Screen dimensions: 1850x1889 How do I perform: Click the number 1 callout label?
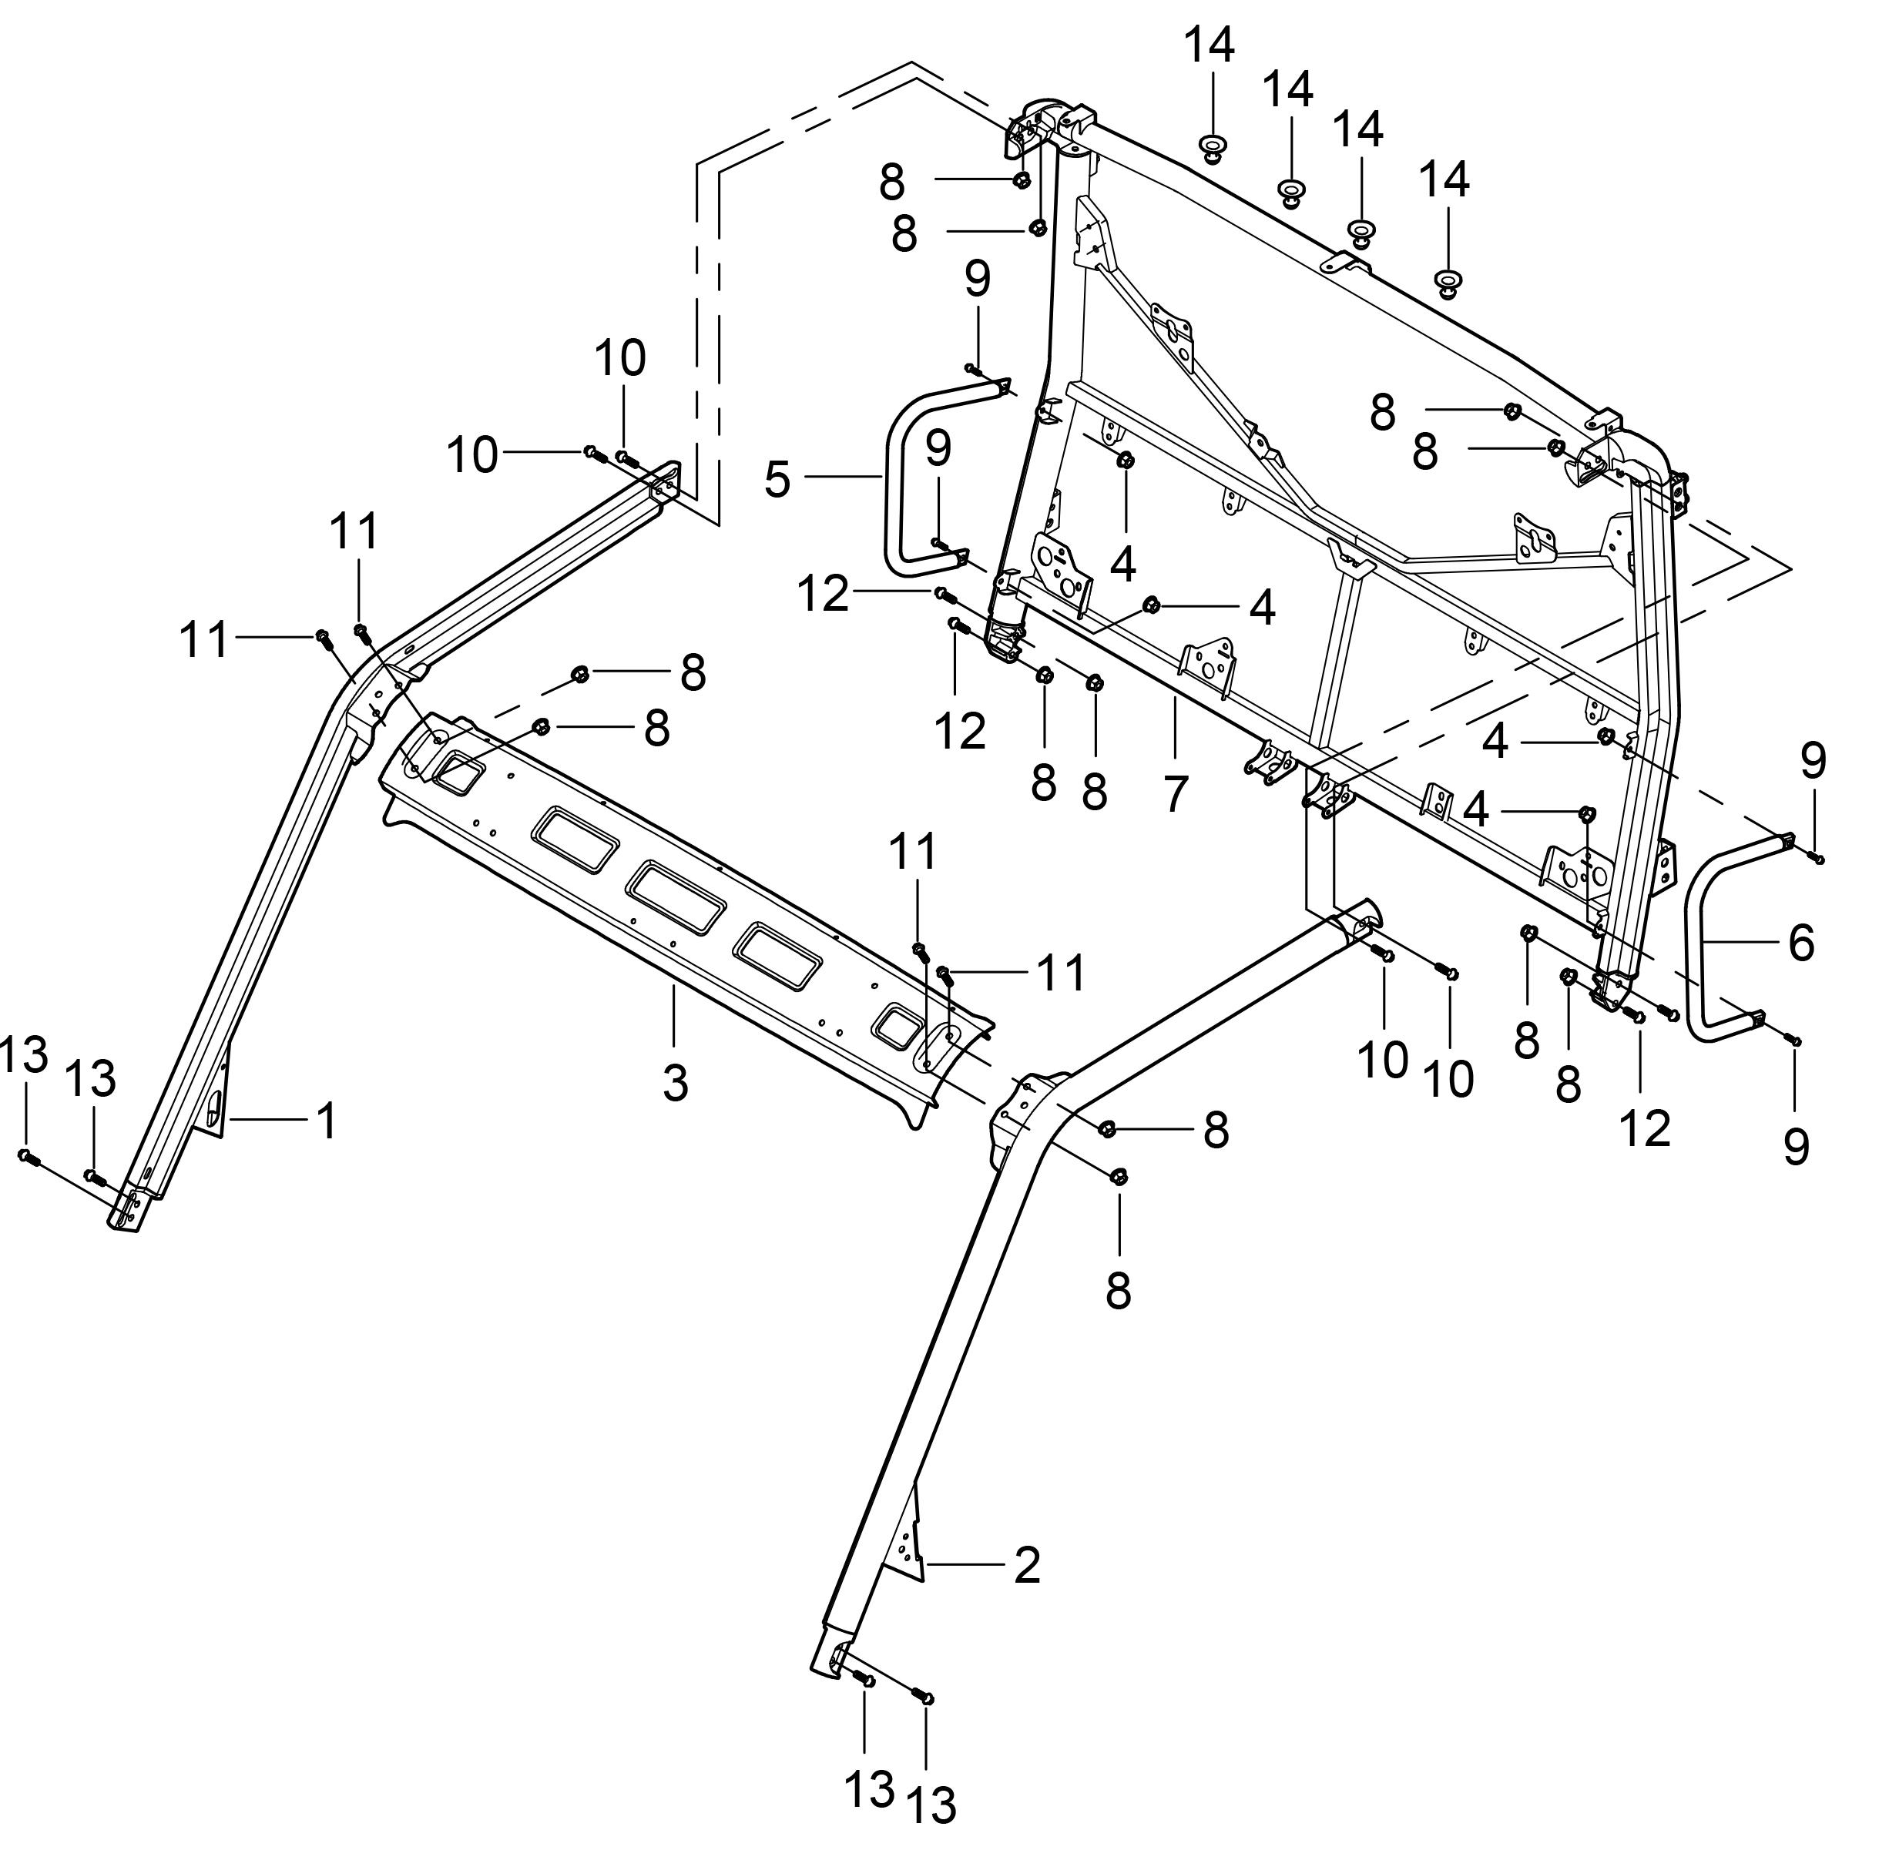327,1121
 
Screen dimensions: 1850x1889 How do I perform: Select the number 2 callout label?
1026,1565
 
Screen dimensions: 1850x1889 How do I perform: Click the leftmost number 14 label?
1210,45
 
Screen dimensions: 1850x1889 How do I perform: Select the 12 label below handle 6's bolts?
1645,1128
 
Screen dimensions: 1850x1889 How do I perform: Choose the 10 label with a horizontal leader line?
472,454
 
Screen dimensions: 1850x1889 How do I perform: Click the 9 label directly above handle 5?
978,278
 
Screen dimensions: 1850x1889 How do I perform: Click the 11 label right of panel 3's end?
1060,973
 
